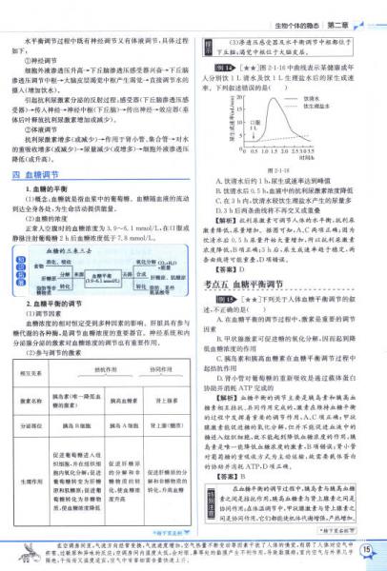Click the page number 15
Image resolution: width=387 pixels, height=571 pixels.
click(367, 550)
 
